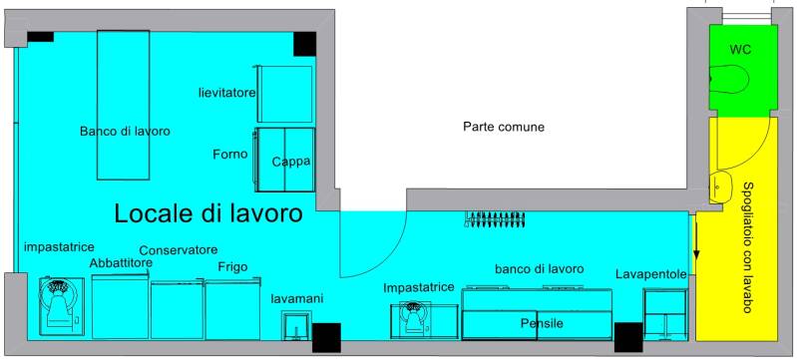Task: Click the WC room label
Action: click(x=740, y=50)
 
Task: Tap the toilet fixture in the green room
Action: click(x=729, y=79)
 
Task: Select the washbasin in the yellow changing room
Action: click(x=721, y=187)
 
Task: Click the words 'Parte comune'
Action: click(x=503, y=127)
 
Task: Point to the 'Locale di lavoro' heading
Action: click(x=208, y=213)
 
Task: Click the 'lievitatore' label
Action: click(x=226, y=93)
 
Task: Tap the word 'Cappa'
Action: click(x=290, y=162)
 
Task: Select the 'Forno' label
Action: click(x=230, y=154)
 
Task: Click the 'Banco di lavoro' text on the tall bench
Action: click(x=125, y=132)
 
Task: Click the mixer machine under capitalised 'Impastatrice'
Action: click(x=411, y=320)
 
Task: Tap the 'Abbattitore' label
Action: click(x=121, y=263)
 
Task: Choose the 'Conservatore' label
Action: click(x=179, y=250)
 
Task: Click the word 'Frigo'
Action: click(x=232, y=267)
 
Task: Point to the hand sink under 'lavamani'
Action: click(x=296, y=326)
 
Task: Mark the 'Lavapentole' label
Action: click(x=651, y=274)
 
